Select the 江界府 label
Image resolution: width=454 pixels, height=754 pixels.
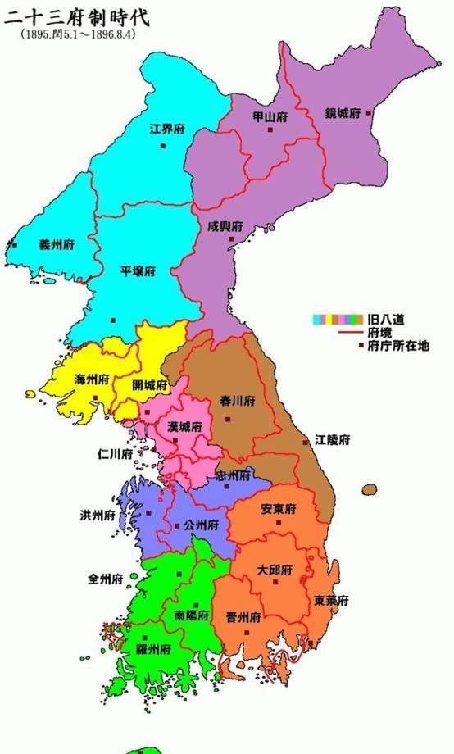[166, 129]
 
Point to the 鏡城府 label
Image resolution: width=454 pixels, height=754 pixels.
[342, 113]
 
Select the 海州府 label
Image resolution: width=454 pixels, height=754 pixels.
[92, 379]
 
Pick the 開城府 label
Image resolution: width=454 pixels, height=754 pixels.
[151, 385]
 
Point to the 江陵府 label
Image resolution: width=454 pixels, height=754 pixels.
[334, 440]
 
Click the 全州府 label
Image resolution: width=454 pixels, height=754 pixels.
[105, 579]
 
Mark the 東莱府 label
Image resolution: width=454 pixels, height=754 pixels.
[331, 600]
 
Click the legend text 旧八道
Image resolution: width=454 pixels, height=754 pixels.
[387, 318]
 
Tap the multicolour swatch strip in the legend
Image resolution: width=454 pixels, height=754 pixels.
[337, 318]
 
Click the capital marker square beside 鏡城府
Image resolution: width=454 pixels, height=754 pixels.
[369, 113]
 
